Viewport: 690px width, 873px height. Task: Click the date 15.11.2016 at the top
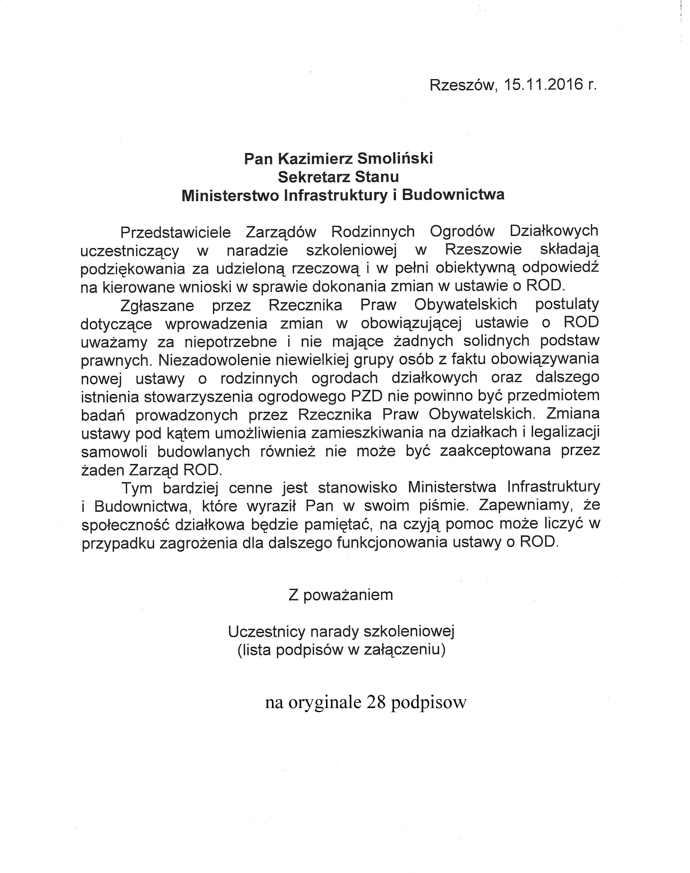539,85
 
